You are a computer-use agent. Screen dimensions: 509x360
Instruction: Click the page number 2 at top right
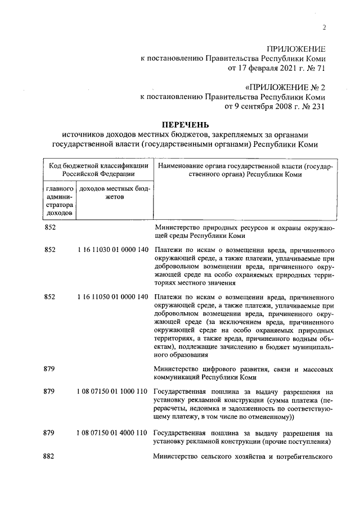[325, 29]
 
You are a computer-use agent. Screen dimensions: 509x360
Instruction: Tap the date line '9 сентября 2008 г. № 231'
[274, 105]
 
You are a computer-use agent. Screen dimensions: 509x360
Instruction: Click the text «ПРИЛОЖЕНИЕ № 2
[285, 87]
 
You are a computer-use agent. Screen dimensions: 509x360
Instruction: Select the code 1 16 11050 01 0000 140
[111, 296]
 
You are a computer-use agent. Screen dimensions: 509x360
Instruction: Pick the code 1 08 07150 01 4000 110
[111, 433]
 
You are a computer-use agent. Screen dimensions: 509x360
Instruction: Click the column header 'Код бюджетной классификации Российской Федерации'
[98, 170]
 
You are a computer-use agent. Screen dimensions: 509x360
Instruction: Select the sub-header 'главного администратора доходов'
[59, 201]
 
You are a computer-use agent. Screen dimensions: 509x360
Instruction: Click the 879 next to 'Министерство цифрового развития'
[49, 368]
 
